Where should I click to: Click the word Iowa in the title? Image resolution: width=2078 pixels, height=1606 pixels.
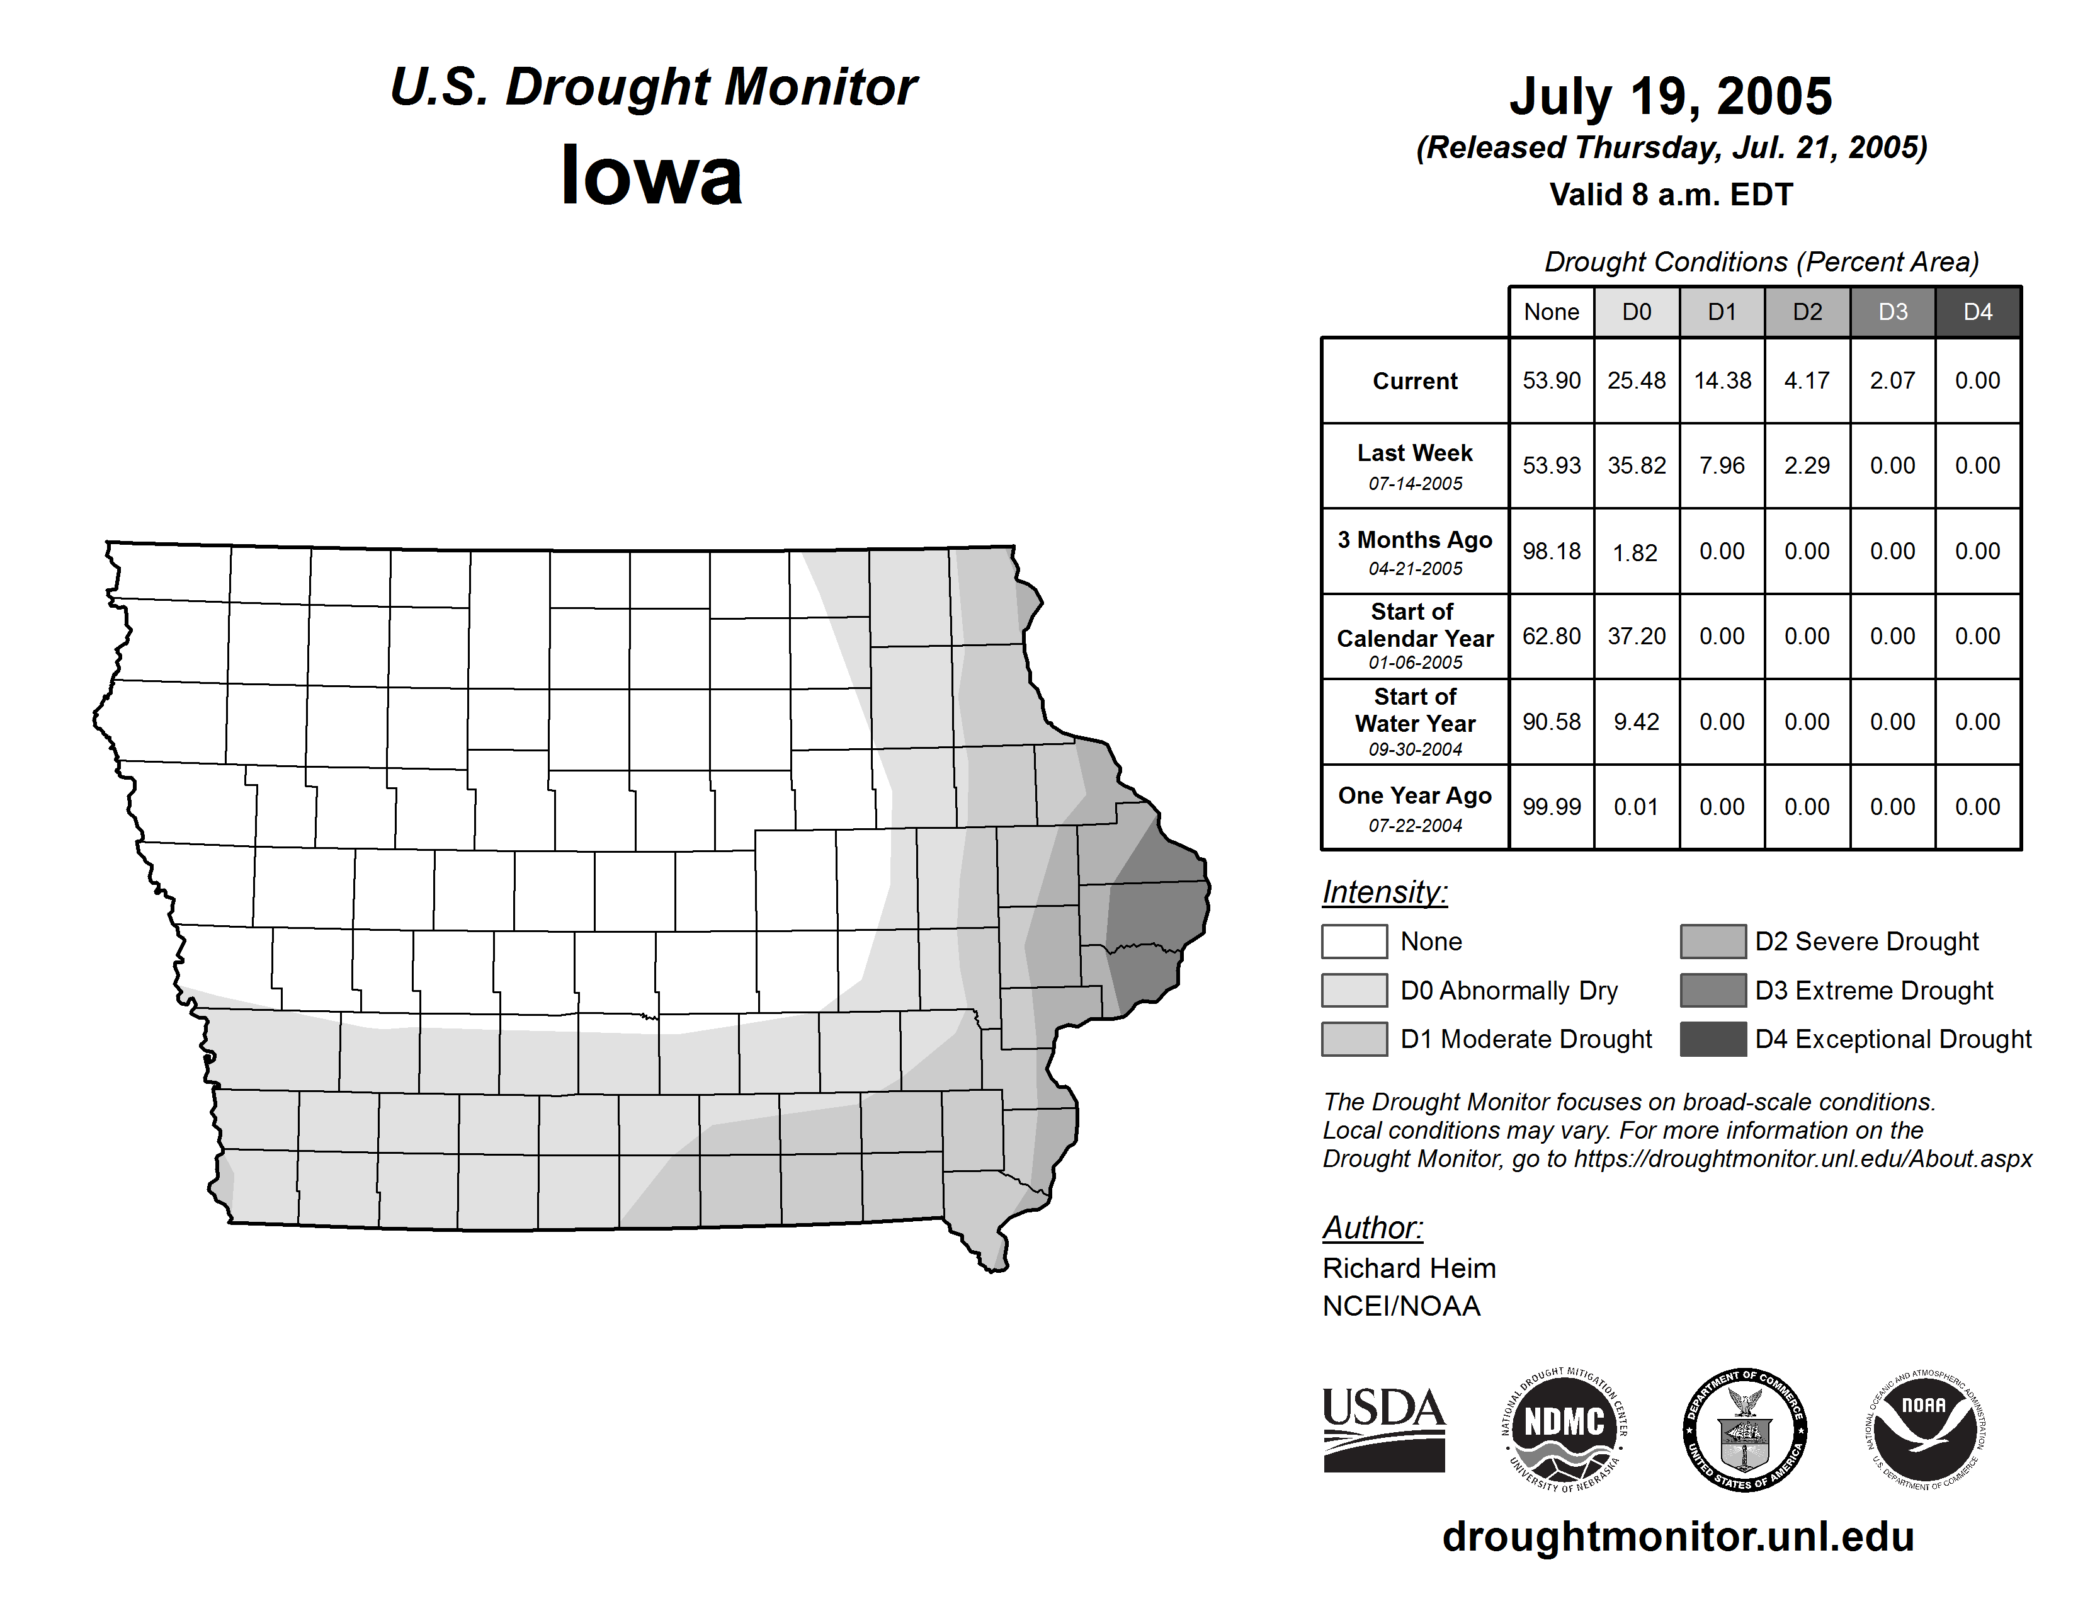651,176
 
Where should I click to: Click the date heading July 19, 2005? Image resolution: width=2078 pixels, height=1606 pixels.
1670,96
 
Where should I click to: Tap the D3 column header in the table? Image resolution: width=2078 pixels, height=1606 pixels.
1892,312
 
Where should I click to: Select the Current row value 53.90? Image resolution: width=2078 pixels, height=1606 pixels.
1551,380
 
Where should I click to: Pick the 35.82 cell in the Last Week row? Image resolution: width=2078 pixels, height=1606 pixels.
1637,466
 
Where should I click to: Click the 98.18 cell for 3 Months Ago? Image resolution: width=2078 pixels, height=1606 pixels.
1551,552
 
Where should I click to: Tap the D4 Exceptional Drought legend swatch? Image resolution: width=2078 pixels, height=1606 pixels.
1713,1039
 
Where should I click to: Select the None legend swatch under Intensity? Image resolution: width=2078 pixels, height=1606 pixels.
1354,941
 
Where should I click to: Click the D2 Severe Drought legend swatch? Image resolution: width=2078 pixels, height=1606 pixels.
1713,941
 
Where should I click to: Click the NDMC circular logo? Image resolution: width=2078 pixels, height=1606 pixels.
1564,1430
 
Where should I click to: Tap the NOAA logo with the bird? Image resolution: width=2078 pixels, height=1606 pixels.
1925,1430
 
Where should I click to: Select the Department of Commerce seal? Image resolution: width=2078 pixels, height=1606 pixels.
1745,1430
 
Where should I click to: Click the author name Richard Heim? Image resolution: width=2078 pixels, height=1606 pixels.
1409,1268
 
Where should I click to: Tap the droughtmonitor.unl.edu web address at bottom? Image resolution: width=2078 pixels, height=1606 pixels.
1678,1537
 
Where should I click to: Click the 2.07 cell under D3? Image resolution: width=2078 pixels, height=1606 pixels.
1892,380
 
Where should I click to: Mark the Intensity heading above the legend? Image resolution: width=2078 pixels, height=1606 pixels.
1384,892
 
